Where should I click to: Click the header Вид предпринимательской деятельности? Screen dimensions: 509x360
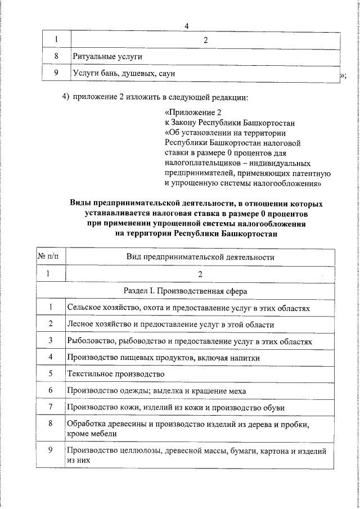click(200, 256)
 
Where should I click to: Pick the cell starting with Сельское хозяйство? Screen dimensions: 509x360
click(188, 308)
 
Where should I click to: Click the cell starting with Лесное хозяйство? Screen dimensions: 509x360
click(170, 325)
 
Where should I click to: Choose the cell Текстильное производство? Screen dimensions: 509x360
click(115, 374)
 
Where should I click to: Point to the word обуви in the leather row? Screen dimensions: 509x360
click(274, 407)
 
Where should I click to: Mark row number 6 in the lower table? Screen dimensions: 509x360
click(51, 390)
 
